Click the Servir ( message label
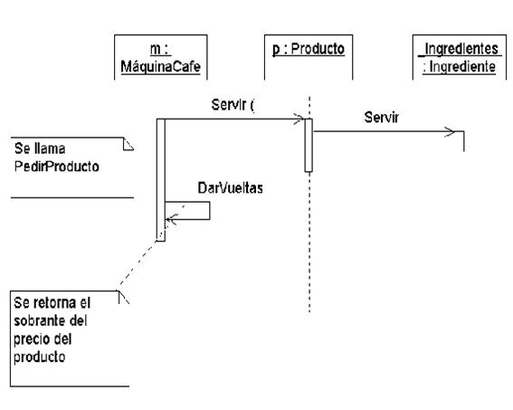233,105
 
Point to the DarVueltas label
231,188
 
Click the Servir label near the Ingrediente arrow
382,117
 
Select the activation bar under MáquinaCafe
161,180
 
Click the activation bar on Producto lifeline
309,146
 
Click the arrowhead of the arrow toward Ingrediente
451,132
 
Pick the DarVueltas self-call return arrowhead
171,219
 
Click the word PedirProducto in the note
57,167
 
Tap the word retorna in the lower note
52,303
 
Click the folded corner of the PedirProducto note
128,144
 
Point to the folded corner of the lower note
124,297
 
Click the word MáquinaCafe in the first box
161,67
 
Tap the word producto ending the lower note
40,357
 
